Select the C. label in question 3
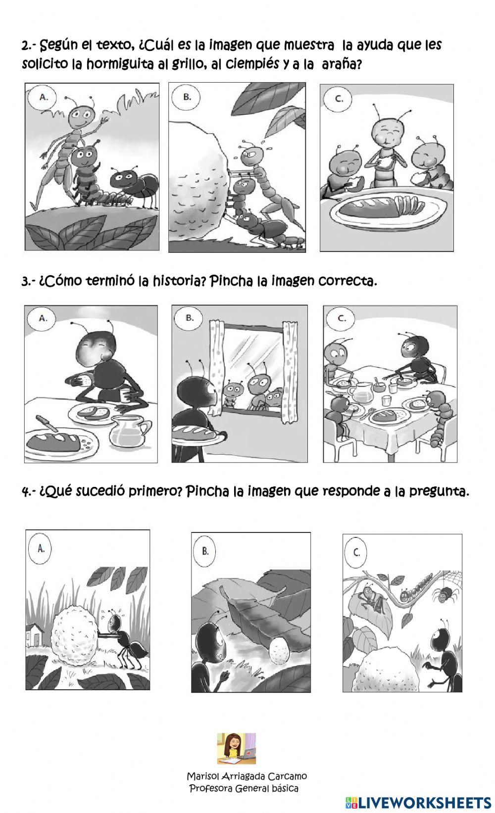point(342,318)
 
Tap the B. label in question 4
point(205,551)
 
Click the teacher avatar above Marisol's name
point(236,749)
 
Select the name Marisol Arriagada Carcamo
point(247,776)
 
